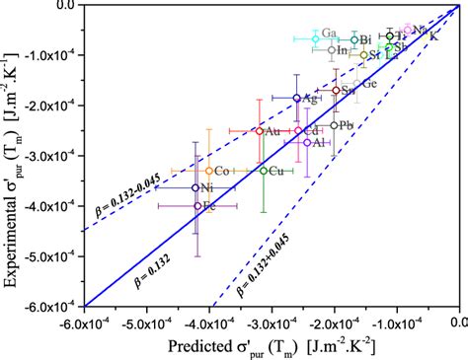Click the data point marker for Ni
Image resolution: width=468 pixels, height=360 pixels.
tap(195, 187)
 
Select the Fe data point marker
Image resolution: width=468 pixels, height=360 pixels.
tap(198, 206)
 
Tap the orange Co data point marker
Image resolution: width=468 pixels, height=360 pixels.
tap(209, 171)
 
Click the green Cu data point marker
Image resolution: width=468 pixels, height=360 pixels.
tap(263, 171)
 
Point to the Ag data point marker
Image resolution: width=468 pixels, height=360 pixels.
tap(296, 98)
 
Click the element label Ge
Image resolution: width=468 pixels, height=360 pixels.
tap(369, 84)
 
